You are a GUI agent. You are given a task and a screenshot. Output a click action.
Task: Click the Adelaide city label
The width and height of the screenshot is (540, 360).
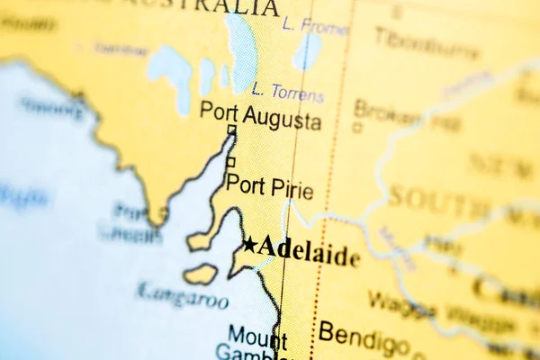coord(309,251)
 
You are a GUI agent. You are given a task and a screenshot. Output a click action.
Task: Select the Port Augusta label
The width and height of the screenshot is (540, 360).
coord(260,115)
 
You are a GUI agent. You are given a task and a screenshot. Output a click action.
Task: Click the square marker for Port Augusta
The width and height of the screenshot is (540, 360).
coord(231,130)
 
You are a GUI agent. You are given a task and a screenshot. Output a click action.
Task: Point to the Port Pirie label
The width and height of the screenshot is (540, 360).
coord(269,188)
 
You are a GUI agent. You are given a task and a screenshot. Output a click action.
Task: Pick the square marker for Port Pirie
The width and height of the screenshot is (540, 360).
coord(230,162)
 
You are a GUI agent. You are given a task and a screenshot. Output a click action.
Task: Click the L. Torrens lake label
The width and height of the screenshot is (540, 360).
coord(288,91)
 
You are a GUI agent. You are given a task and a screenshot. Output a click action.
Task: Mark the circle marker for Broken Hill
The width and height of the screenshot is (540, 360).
coord(358,128)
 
